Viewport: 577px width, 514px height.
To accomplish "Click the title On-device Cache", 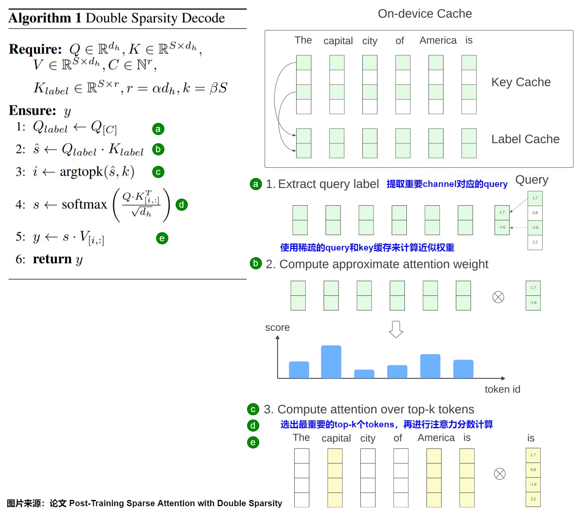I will (x=425, y=14).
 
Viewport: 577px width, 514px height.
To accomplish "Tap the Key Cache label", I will (x=521, y=82).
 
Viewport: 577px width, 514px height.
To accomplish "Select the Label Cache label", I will (x=525, y=139).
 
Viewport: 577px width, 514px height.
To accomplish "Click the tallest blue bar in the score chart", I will (x=331, y=361).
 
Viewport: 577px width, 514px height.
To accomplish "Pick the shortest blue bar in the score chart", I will (x=364, y=373).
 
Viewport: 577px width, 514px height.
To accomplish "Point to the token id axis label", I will (x=502, y=389).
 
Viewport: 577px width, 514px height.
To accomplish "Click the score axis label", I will (x=277, y=327).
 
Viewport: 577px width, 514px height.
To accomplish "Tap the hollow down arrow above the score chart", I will (x=396, y=329).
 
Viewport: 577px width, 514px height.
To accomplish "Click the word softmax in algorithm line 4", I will (x=84, y=204).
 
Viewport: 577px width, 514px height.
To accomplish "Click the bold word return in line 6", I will (x=52, y=259).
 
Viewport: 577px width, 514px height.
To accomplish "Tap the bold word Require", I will (x=35, y=49).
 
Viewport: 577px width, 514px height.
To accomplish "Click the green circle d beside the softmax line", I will (x=182, y=205).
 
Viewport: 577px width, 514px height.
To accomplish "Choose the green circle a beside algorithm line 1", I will (x=158, y=129).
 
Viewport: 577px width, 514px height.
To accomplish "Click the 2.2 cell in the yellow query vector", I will (x=533, y=499).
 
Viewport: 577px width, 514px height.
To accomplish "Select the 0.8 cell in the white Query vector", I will (x=535, y=213).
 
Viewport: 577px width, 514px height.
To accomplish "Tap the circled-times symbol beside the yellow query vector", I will (x=500, y=474).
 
